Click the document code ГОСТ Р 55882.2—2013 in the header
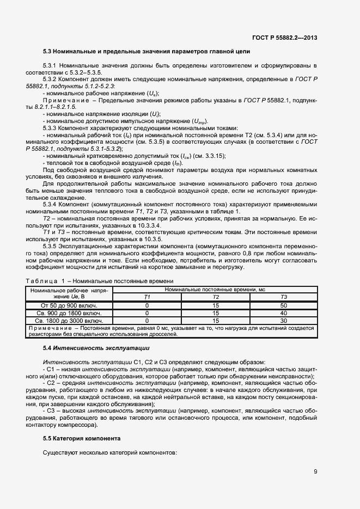point(285,38)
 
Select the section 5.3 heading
point(147,52)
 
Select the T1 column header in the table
point(147,297)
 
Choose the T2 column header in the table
point(216,297)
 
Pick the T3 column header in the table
point(283,297)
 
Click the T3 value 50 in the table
point(283,306)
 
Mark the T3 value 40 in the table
point(283,314)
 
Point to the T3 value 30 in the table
point(283,321)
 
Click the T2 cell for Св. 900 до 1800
point(216,314)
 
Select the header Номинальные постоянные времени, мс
point(215,290)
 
